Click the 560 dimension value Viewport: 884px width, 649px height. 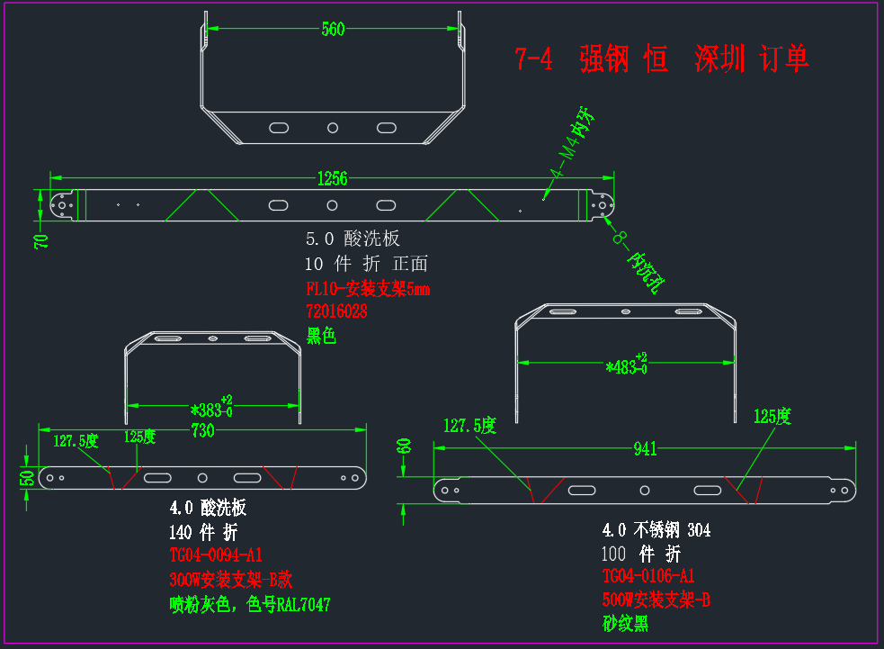[333, 29]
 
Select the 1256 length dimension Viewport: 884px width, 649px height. [332, 179]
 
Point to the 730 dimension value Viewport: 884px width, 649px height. [202, 430]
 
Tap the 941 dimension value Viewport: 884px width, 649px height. [645, 448]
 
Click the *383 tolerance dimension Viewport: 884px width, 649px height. [211, 408]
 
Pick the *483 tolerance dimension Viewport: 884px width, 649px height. [627, 365]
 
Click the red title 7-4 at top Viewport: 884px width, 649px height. [533, 59]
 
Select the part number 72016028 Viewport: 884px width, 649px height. [336, 311]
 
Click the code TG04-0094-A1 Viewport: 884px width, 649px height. [216, 555]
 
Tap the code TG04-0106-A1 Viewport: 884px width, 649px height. [648, 575]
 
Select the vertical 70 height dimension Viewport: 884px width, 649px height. [41, 241]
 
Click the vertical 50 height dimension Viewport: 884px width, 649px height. [27, 478]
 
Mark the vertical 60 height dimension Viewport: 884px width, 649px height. [404, 446]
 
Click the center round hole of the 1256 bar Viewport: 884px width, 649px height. [332, 205]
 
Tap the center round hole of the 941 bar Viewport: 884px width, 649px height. [645, 491]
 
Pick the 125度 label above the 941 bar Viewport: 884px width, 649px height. [772, 417]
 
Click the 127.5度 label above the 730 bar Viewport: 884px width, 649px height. [76, 441]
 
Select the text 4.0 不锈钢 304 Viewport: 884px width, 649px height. [656, 530]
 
